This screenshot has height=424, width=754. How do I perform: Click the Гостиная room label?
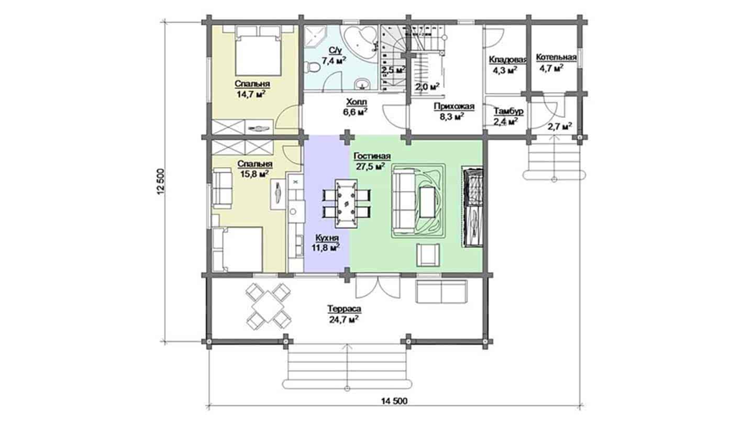372,157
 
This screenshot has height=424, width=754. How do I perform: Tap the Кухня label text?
327,238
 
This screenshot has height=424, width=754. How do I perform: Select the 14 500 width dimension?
394,401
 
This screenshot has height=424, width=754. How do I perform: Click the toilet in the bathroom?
312,68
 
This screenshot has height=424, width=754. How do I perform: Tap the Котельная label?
556,57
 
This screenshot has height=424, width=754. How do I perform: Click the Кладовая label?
507,60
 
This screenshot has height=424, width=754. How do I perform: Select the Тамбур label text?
508,111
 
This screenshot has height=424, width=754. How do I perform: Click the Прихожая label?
454,107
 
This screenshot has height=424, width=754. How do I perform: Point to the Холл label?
357,102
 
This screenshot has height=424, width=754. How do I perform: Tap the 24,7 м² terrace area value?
343,319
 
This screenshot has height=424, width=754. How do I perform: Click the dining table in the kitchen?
346,203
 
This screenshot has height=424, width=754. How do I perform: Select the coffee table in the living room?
427,202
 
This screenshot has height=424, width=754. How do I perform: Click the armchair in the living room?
428,255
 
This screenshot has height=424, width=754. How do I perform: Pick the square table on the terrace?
268,306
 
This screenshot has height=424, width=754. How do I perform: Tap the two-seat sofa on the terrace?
441,292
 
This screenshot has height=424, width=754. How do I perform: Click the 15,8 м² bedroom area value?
254,174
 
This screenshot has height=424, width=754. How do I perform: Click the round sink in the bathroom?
362,83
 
